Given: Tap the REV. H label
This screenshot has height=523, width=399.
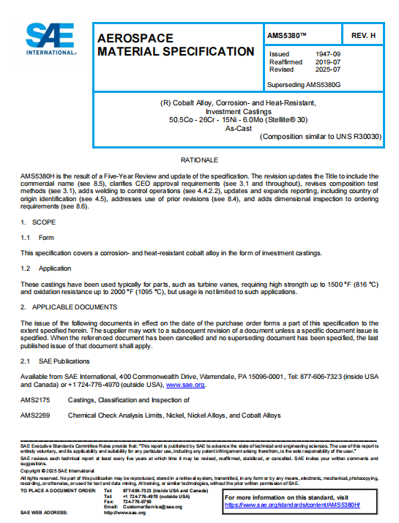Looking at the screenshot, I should pos(363,35).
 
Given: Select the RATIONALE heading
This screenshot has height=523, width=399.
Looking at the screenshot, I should pos(199,159).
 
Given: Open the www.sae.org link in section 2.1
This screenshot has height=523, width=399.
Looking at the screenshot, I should pos(185,384).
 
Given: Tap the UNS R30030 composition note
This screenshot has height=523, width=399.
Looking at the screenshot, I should pos(321,136).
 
